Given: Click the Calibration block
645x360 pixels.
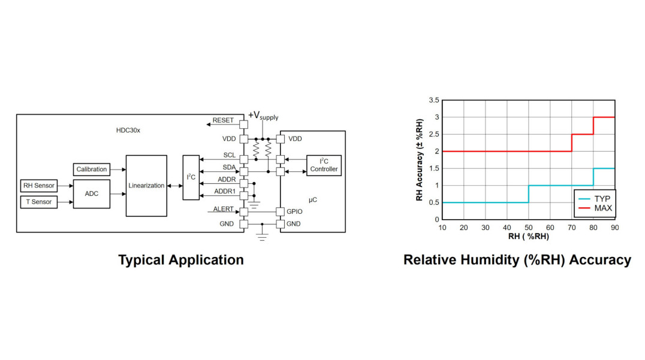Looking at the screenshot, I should [x=92, y=170].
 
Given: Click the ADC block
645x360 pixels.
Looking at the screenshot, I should [x=92, y=194].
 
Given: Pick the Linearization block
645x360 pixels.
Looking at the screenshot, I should [x=146, y=186].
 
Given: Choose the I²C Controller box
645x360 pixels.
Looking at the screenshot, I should [x=324, y=165].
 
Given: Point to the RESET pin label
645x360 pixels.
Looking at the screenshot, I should [x=223, y=120].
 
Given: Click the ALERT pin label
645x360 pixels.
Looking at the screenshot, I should [x=223, y=209].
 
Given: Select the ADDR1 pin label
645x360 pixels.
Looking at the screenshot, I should [x=225, y=192].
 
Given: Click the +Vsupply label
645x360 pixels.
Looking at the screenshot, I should [x=263, y=115].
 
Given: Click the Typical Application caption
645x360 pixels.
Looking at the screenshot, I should [x=181, y=260].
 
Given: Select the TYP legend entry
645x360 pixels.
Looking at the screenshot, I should [x=601, y=198].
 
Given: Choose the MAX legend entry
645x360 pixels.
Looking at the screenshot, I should [x=602, y=208].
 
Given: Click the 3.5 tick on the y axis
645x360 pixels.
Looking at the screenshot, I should [x=433, y=100].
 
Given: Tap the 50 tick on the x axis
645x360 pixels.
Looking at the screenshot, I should [x=528, y=228].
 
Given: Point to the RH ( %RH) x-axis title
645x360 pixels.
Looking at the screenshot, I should [x=528, y=237].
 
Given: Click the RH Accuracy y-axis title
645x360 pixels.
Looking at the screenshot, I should [x=420, y=160].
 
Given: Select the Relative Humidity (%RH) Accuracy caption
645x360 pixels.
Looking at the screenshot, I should [x=517, y=260].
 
